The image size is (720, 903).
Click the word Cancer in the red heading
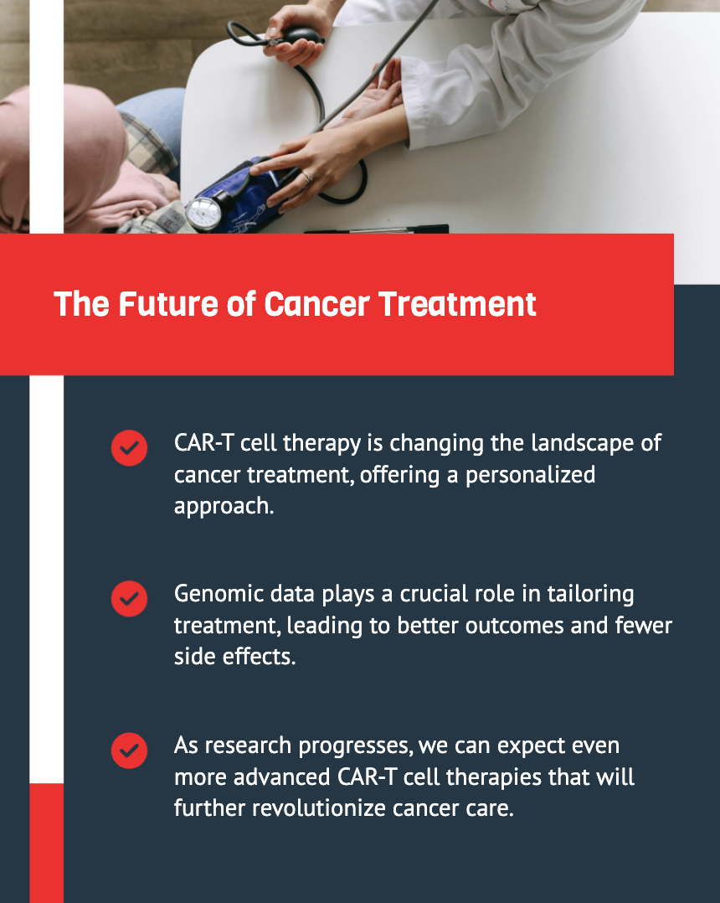coord(316,304)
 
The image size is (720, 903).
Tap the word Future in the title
coord(168,304)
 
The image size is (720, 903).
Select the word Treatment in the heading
coord(458,304)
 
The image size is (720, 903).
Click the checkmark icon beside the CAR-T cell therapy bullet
coord(129,447)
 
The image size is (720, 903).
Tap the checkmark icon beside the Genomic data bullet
coord(129,598)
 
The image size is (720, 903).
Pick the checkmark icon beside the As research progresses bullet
coord(129,751)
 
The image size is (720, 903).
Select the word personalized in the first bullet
coord(530,475)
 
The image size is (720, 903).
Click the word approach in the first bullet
coord(224,507)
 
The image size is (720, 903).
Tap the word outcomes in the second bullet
coord(514,626)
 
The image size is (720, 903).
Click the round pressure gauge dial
coord(203,214)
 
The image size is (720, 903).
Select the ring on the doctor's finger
coord(308,178)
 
